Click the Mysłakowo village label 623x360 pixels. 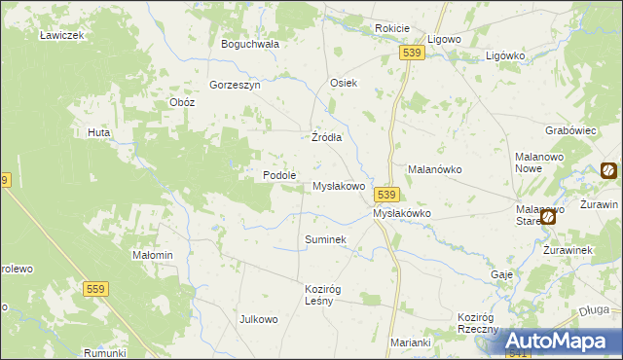[x=338, y=186]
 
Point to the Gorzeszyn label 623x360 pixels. [x=235, y=85]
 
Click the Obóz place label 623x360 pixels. [x=182, y=102]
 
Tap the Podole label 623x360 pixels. [x=279, y=175]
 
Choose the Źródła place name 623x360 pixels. [x=326, y=137]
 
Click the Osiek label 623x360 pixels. [x=345, y=83]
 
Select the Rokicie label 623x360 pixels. [x=392, y=29]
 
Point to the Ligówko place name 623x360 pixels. [x=505, y=55]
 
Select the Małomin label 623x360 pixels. [x=153, y=255]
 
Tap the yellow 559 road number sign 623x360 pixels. [x=95, y=289]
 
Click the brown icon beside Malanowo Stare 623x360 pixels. [x=548, y=218]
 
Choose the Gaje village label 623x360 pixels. [x=502, y=274]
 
